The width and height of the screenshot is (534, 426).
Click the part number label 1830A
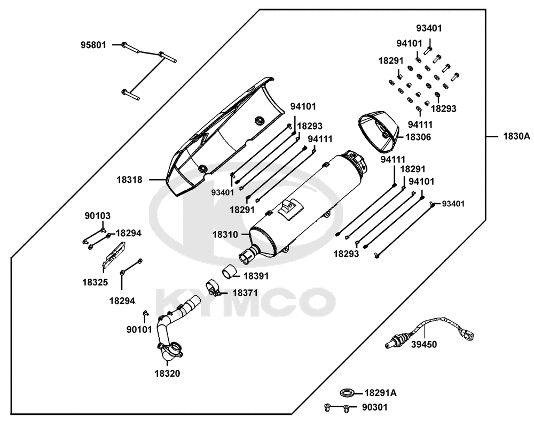[516, 137]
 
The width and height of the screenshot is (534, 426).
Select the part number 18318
[130, 180]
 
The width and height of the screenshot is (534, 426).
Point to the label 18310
[225, 234]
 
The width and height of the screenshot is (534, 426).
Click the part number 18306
[418, 137]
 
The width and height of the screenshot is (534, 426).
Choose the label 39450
[423, 344]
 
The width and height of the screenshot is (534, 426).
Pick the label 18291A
[381, 393]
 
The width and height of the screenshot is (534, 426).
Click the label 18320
[167, 374]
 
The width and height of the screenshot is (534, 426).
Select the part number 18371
[245, 293]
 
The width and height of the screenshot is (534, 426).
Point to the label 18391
[256, 276]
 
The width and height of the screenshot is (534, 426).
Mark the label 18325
[95, 281]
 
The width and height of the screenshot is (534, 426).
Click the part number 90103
[98, 216]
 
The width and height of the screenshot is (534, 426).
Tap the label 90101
[124, 330]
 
